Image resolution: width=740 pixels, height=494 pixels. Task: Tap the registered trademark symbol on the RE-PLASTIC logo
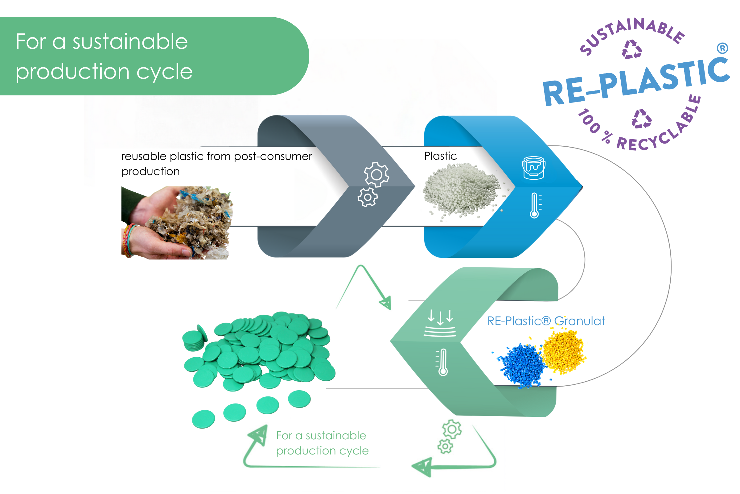(723, 48)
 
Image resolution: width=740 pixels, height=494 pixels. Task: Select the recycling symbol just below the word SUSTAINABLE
(632, 49)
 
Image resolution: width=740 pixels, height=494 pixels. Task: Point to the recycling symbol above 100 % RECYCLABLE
(642, 119)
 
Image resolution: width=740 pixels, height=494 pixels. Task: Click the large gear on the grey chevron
(376, 174)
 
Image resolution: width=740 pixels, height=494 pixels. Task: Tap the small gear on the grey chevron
(368, 197)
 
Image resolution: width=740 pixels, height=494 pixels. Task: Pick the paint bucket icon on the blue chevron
(534, 168)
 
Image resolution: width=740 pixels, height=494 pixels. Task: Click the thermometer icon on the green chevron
(442, 362)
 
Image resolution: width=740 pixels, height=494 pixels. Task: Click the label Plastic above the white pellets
(440, 156)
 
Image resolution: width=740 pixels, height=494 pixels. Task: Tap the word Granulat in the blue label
(579, 321)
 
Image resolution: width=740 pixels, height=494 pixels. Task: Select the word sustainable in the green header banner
(130, 42)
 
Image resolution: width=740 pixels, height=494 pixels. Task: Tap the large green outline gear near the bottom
(452, 429)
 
